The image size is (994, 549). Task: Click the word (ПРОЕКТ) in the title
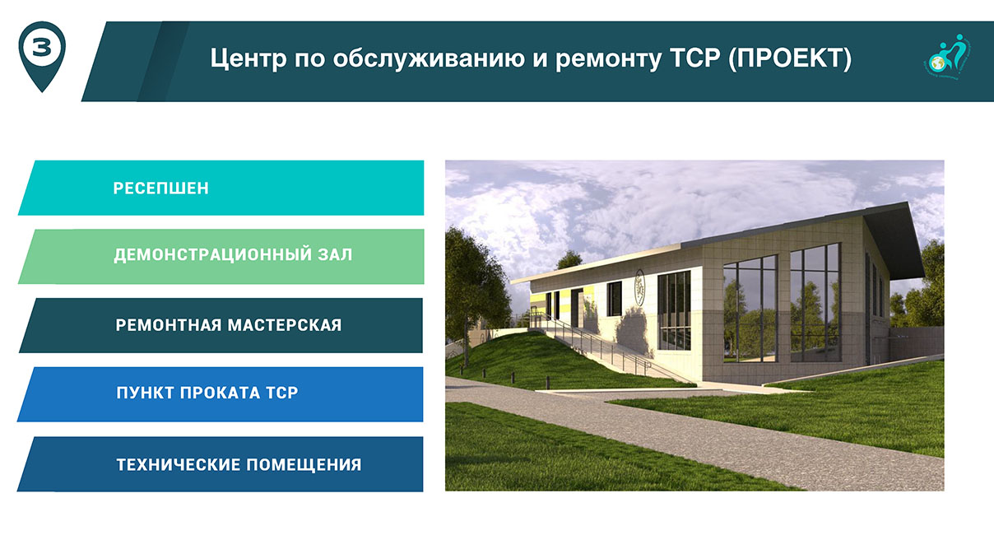coord(790,58)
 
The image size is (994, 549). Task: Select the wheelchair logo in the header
coord(946,57)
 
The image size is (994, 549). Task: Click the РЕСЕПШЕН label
coord(160,188)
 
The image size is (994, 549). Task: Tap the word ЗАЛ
coord(335,254)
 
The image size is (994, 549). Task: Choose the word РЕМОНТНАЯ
coord(168,325)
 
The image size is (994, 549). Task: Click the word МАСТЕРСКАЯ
coord(285,325)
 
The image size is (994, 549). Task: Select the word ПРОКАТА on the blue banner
coord(220,393)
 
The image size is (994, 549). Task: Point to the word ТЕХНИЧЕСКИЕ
coord(178,465)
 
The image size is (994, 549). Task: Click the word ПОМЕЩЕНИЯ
coord(304,465)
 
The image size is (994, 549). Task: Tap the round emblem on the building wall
coord(639,287)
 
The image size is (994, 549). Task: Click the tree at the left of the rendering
coord(471,288)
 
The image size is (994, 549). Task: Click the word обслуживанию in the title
coord(429,58)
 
